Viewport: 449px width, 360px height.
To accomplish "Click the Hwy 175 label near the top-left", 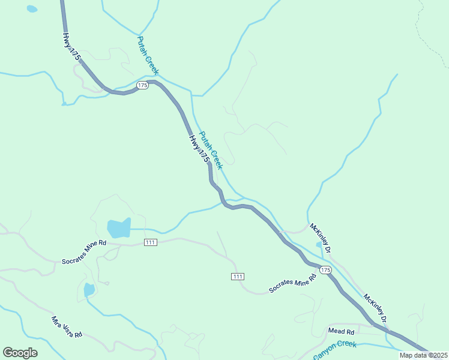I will point(71,45).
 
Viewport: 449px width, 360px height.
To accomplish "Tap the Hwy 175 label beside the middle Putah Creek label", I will point(199,149).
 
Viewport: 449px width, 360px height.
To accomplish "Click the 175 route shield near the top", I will point(142,86).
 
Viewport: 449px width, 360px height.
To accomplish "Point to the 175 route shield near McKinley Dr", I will point(325,270).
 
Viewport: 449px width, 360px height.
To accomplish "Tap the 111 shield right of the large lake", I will point(151,242).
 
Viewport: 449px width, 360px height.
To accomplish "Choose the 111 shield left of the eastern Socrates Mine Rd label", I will point(238,276).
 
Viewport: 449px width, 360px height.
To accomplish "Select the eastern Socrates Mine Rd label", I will point(292,283).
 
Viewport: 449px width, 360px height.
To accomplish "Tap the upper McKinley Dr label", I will point(320,237).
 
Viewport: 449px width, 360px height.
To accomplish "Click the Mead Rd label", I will point(341,331).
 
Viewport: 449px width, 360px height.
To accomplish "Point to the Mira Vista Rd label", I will point(66,327).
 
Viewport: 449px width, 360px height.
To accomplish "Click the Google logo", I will point(20,353).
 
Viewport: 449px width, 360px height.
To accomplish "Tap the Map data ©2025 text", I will point(424,355).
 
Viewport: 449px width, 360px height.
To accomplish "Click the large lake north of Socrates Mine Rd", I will point(118,228).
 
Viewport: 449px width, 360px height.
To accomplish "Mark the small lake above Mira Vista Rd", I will point(89,290).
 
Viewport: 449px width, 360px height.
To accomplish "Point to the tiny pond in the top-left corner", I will point(32,9).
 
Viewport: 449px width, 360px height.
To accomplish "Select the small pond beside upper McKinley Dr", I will point(318,245).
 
